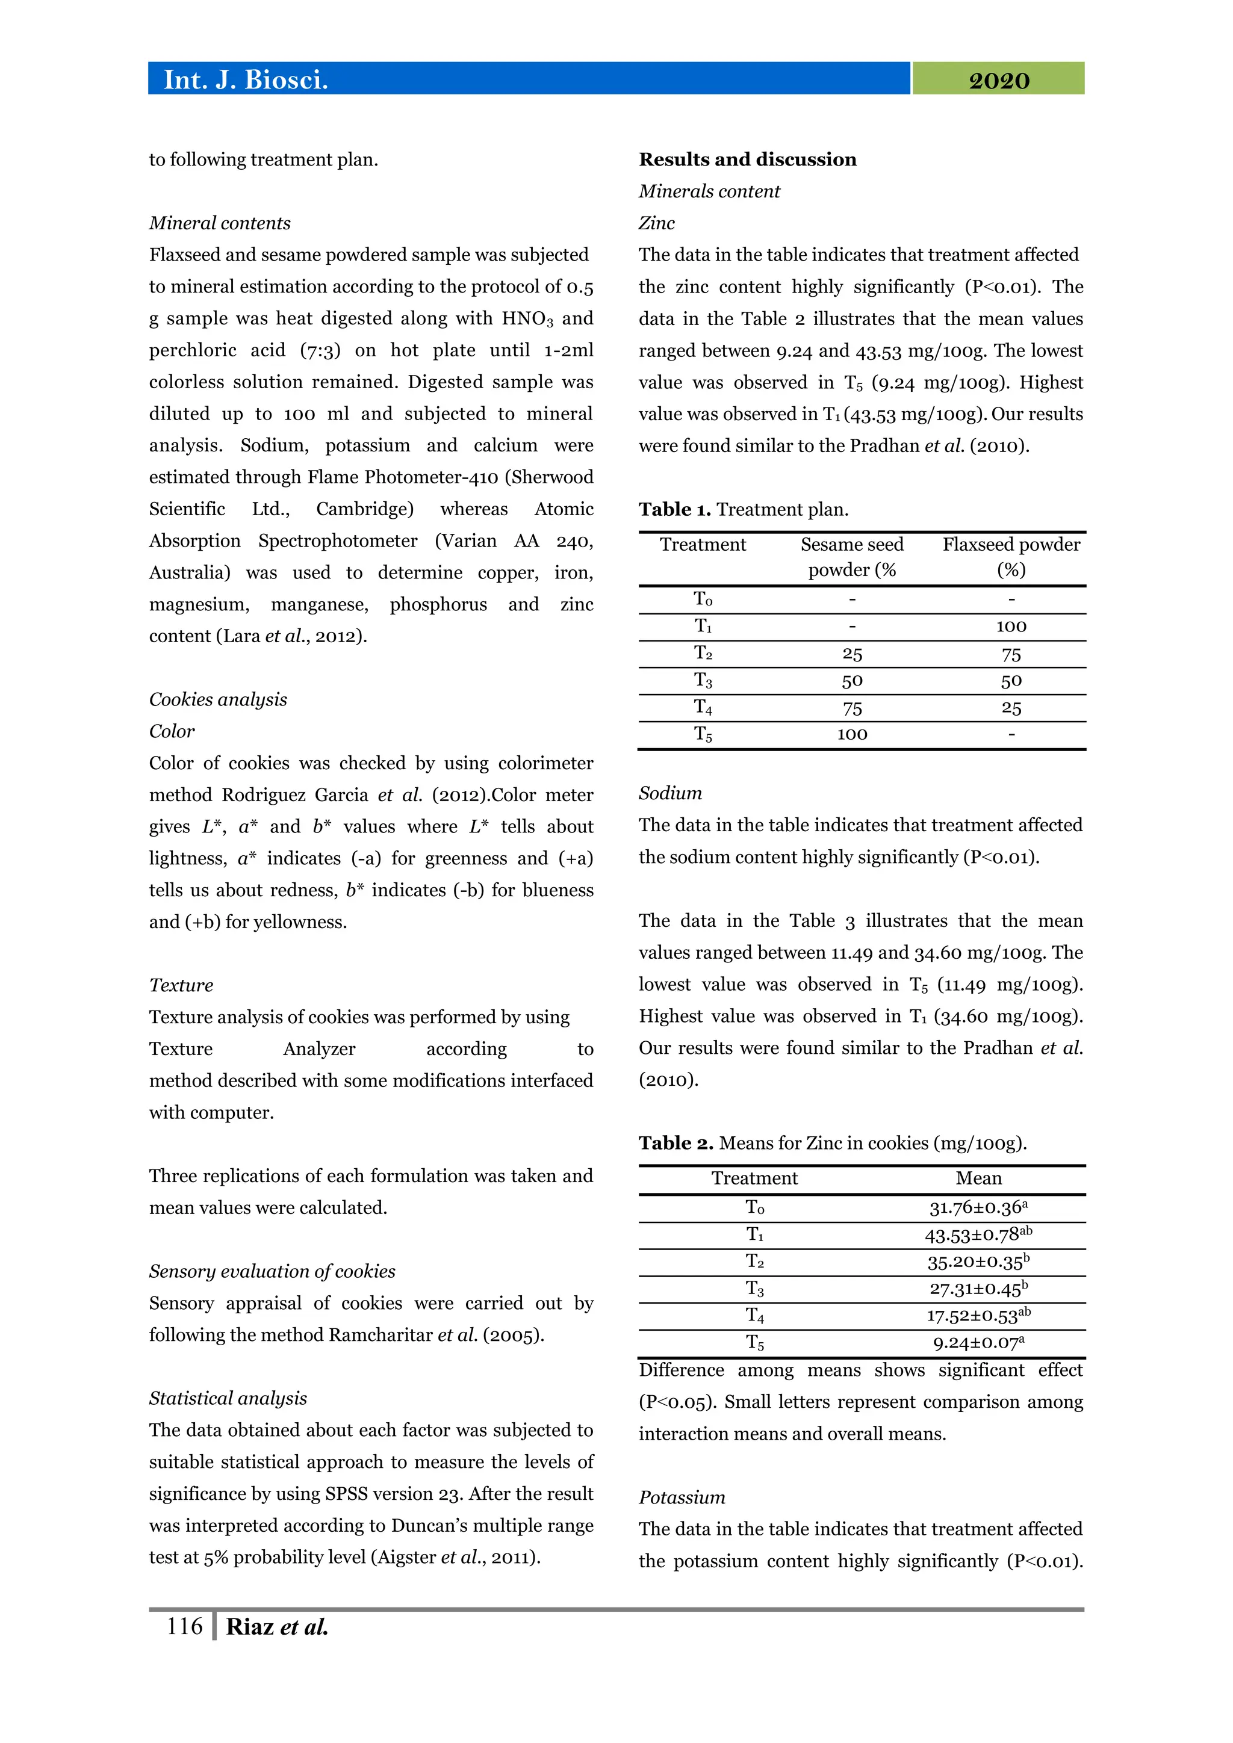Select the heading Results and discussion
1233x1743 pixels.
(x=747, y=159)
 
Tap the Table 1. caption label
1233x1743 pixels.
(x=674, y=509)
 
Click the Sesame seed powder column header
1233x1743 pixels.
(x=852, y=557)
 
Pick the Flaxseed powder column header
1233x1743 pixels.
(x=1011, y=557)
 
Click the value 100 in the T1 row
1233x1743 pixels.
(x=1011, y=627)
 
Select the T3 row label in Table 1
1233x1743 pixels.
(x=703, y=680)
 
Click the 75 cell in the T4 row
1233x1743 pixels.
(x=852, y=708)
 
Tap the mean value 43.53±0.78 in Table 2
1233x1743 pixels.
(x=978, y=1234)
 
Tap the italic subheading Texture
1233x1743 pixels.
(x=181, y=985)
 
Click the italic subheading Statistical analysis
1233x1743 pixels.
(x=228, y=1398)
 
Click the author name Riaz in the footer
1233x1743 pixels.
(x=250, y=1627)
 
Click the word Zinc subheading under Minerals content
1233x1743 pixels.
(x=656, y=223)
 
